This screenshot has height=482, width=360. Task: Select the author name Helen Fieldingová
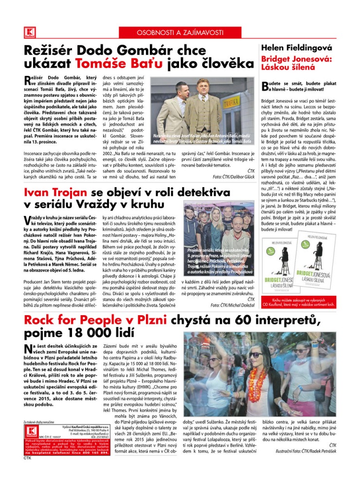[296, 48]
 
